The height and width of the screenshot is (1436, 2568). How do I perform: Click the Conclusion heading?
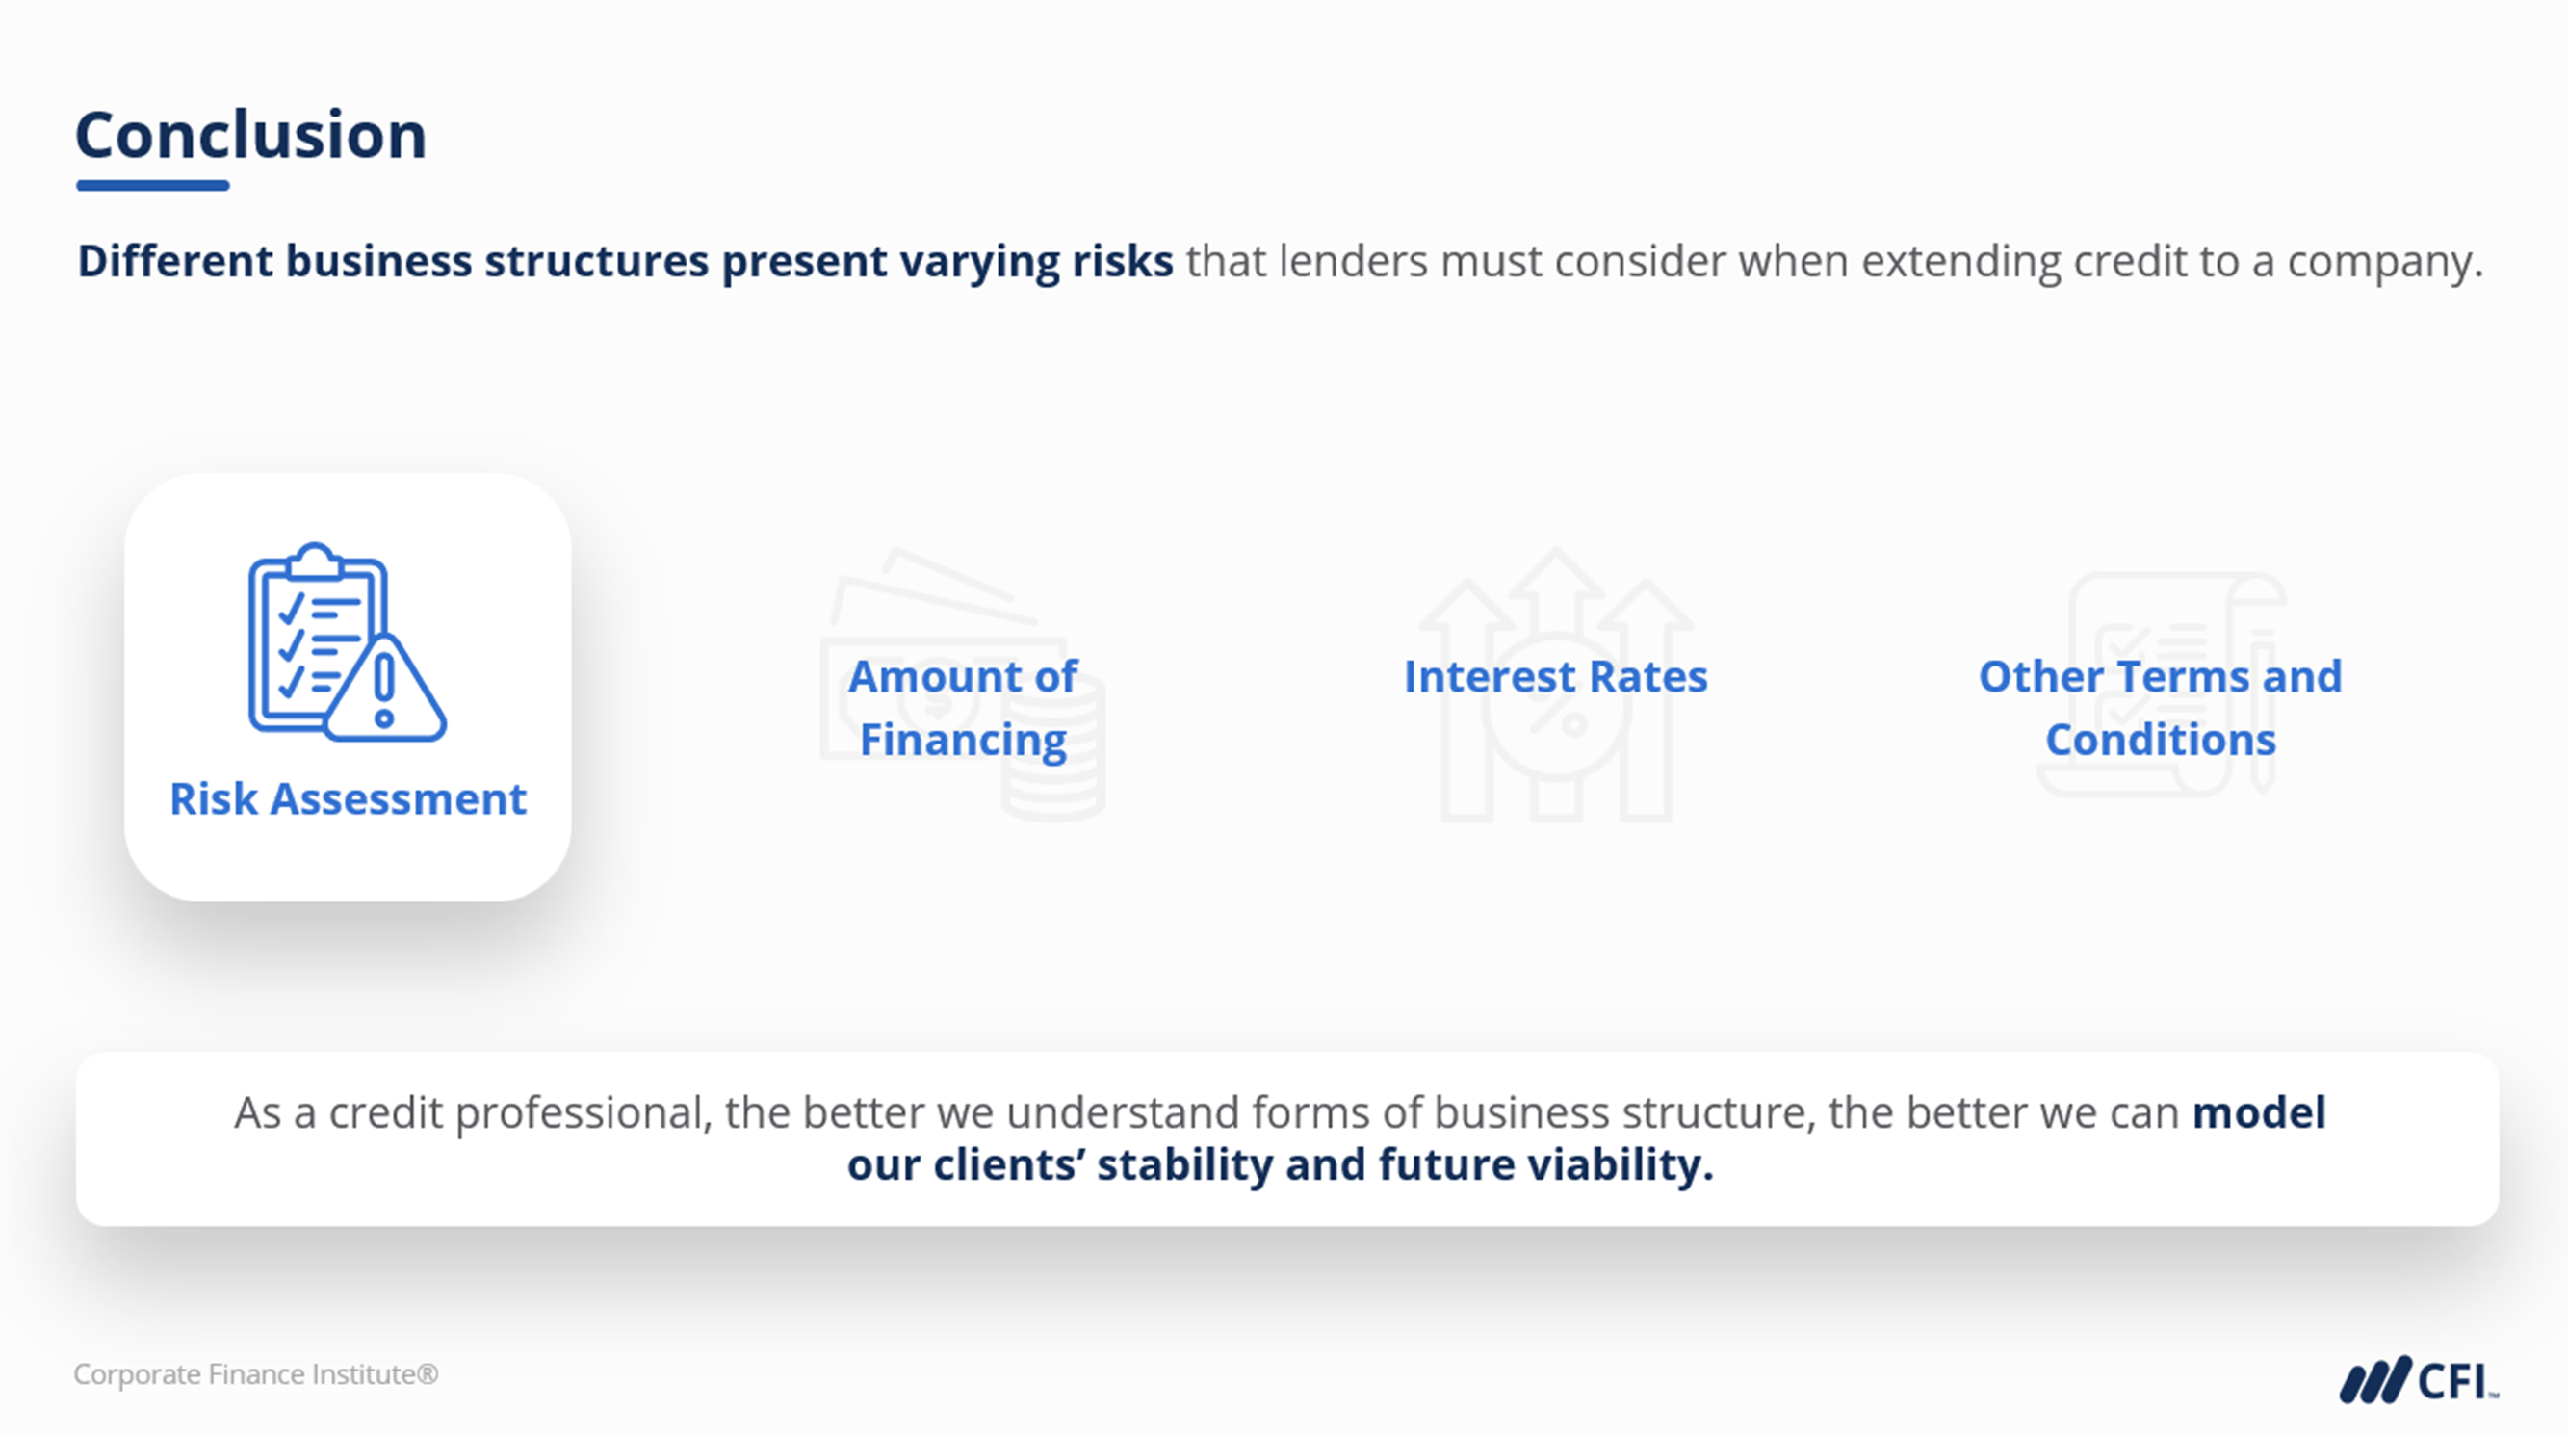[251, 135]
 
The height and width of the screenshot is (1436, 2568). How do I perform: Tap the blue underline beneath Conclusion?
[152, 186]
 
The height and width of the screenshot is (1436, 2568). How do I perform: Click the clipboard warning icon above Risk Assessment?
[347, 641]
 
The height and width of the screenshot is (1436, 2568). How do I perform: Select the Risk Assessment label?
[348, 798]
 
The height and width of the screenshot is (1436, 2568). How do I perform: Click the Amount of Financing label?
[963, 708]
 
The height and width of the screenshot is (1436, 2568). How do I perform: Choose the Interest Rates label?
[1556, 676]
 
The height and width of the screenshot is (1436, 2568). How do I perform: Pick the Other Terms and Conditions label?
[2161, 708]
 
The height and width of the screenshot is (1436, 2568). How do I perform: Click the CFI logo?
[2420, 1382]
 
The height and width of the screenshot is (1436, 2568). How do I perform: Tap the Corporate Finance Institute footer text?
[256, 1374]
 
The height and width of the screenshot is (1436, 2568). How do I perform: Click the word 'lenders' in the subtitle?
[1354, 261]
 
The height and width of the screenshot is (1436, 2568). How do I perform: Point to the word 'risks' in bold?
[1123, 261]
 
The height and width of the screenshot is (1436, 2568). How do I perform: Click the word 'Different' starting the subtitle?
[175, 261]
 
